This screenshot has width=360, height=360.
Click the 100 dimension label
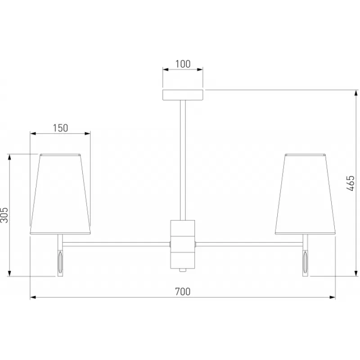pyautogui.click(x=183, y=64)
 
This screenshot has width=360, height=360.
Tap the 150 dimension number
pyautogui.click(x=60, y=128)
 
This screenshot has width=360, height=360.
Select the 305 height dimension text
pyautogui.click(x=4, y=215)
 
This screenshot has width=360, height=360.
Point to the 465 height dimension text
pyautogui.click(x=350, y=183)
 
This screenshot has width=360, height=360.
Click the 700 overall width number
pyautogui.click(x=183, y=292)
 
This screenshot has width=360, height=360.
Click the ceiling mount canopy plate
pyautogui.click(x=183, y=95)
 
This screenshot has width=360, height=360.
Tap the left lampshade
pyautogui.click(x=60, y=194)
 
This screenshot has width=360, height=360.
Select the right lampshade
pyautogui.click(x=305, y=194)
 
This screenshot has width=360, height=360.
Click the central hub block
pyautogui.click(x=183, y=244)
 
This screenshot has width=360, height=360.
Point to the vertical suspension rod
pyautogui.click(x=183, y=160)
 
